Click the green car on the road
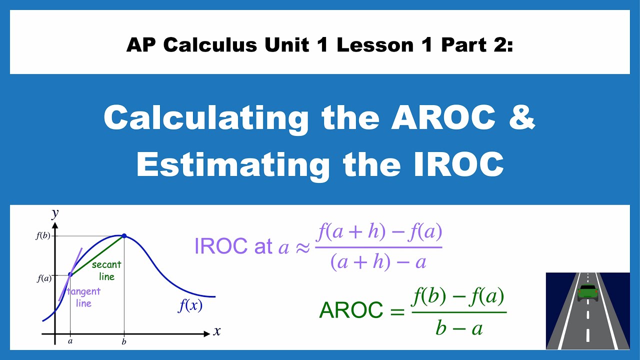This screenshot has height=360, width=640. [587, 292]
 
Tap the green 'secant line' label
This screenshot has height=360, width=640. [106, 270]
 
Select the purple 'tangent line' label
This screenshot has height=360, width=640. [83, 296]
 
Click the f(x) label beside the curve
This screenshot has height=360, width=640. [190, 305]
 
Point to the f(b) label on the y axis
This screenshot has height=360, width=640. [43, 236]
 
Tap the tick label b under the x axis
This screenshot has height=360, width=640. [124, 342]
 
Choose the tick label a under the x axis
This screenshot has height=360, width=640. [70, 341]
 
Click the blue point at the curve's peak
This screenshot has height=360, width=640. [124, 235]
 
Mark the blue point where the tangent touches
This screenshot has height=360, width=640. [70, 274]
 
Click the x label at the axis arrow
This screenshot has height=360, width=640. [217, 331]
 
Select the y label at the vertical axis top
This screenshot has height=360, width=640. [55, 214]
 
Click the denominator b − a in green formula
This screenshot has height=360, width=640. [458, 328]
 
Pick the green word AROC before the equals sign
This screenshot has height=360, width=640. [351, 310]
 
